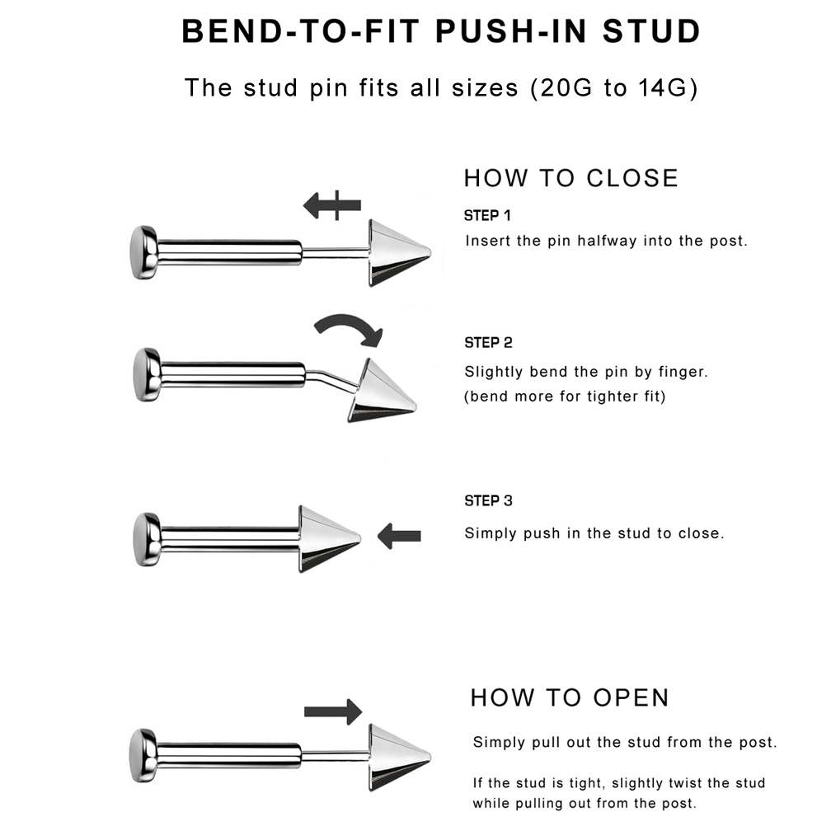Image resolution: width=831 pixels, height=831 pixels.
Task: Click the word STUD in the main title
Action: tap(652, 31)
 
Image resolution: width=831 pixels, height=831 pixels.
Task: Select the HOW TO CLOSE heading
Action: tap(571, 178)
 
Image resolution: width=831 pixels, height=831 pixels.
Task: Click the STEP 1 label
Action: tap(487, 216)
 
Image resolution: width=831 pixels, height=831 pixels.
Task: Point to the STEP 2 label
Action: tap(488, 343)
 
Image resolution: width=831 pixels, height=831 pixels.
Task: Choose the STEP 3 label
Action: tap(488, 501)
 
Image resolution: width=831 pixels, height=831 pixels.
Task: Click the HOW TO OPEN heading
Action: tap(570, 698)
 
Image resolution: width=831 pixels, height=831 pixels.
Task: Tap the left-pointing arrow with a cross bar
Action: tap(331, 205)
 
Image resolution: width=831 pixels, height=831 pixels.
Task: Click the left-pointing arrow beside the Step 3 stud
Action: tap(399, 536)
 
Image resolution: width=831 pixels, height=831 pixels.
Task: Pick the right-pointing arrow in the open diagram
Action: tap(333, 711)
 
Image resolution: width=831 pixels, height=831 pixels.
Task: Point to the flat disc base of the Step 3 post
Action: tap(146, 539)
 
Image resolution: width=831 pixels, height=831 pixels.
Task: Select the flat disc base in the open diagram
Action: tap(143, 756)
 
